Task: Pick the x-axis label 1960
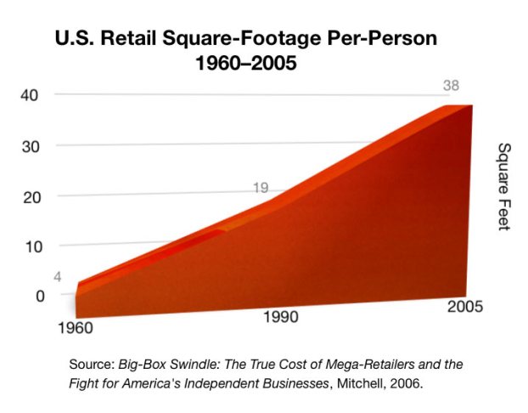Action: pos(76,327)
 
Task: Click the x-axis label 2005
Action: pos(465,306)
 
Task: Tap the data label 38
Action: pos(452,86)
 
